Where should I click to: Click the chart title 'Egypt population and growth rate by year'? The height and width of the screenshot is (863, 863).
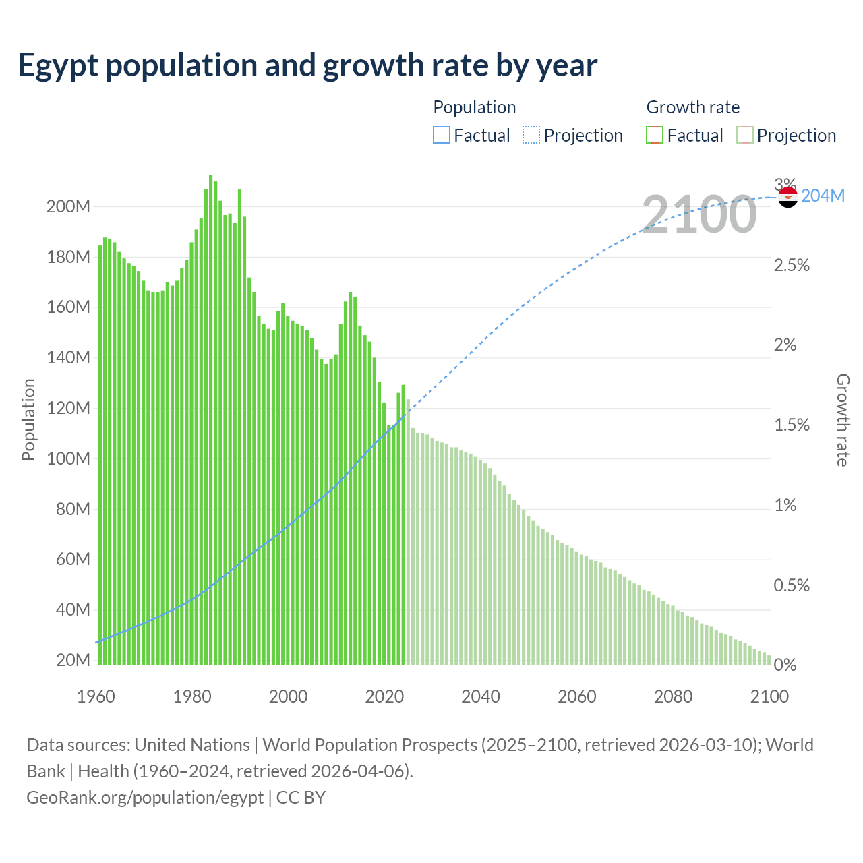307,65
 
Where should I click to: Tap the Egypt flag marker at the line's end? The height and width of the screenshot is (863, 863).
787,197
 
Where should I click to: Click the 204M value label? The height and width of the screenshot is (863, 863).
823,196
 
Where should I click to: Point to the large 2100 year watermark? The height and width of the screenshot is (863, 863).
699,214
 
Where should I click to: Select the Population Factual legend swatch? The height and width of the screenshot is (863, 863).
441,136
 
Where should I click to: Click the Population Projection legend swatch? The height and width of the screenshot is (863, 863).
531,136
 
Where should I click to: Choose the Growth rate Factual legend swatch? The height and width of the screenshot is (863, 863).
655,136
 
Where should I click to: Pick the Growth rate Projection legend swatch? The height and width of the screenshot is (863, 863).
744,136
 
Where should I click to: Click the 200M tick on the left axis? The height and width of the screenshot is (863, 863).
68,207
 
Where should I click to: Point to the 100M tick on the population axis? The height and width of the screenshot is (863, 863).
68,458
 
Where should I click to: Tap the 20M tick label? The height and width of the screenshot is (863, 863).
73,660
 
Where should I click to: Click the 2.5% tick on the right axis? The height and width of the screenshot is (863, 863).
792,265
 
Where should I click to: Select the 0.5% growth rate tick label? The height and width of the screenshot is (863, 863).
792,585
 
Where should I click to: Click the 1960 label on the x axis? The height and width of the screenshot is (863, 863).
96,696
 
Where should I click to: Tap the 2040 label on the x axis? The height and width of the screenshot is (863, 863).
481,696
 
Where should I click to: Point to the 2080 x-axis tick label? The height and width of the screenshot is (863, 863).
673,696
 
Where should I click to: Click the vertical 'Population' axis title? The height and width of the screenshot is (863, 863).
28,419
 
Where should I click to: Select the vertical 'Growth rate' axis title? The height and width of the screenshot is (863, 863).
842,419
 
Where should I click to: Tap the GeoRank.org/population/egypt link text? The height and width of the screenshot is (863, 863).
145,798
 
